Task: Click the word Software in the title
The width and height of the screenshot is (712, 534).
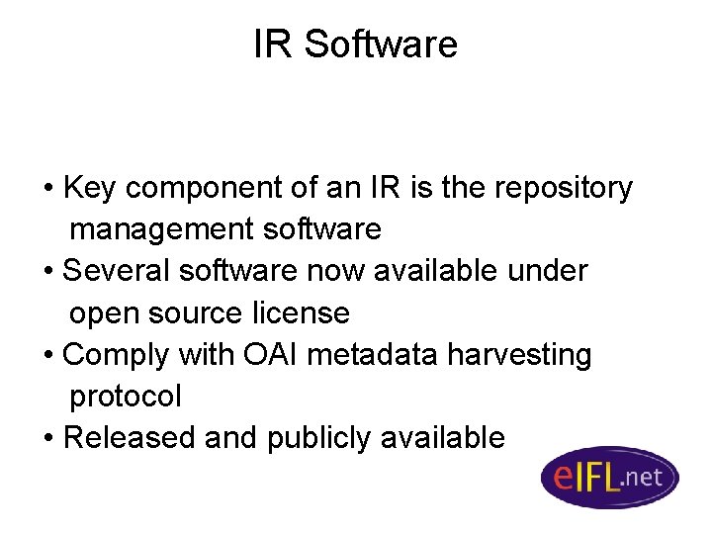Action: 381,44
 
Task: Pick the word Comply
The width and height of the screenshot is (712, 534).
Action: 114,354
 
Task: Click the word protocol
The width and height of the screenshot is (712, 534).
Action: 126,397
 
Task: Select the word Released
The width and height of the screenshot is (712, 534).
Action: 129,437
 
